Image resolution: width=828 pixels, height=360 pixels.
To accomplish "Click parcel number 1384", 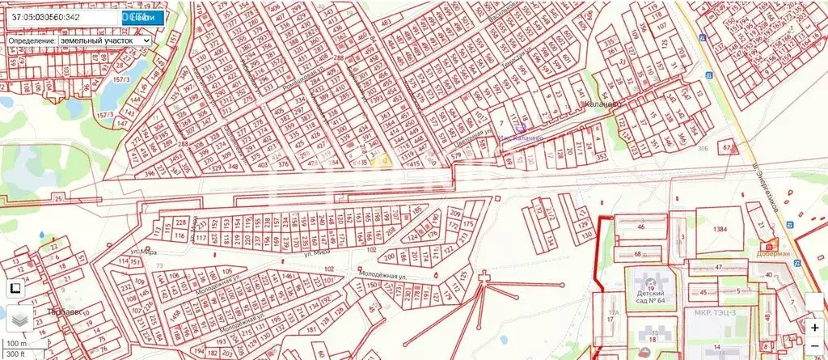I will click(x=721, y=230).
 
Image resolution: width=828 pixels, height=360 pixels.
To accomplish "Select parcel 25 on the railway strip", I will click(x=57, y=198).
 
